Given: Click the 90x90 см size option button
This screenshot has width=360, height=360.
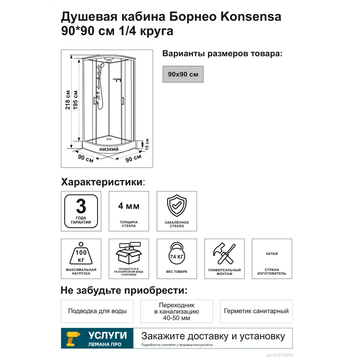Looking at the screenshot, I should pyautogui.click(x=183, y=74).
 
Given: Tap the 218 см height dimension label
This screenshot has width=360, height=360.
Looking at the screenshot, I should pyautogui.click(x=67, y=100).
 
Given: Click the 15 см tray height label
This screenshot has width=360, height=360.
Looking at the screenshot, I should pyautogui.click(x=147, y=144).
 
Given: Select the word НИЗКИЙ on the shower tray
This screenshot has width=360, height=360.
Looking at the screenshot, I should pyautogui.click(x=109, y=149).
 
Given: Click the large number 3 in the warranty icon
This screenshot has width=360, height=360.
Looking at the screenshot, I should pyautogui.click(x=81, y=206).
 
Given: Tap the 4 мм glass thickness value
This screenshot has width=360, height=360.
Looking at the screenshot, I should pyautogui.click(x=129, y=206).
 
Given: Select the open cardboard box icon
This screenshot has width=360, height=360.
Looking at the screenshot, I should pyautogui.click(x=129, y=253).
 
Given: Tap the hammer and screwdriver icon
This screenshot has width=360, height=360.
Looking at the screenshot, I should pyautogui.click(x=224, y=254).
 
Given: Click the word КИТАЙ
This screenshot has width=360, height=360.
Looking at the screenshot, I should pyautogui.click(x=272, y=254).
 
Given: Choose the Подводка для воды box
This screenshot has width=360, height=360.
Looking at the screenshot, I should pyautogui.click(x=97, y=311).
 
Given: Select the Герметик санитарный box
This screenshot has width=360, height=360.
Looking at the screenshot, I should pyautogui.click(x=256, y=311).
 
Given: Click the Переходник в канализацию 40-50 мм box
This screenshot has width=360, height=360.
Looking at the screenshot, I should pyautogui.click(x=177, y=311).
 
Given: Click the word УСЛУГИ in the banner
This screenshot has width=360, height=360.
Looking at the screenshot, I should pyautogui.click(x=108, y=336).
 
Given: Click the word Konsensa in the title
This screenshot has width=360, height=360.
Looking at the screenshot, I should pyautogui.click(x=251, y=17).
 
